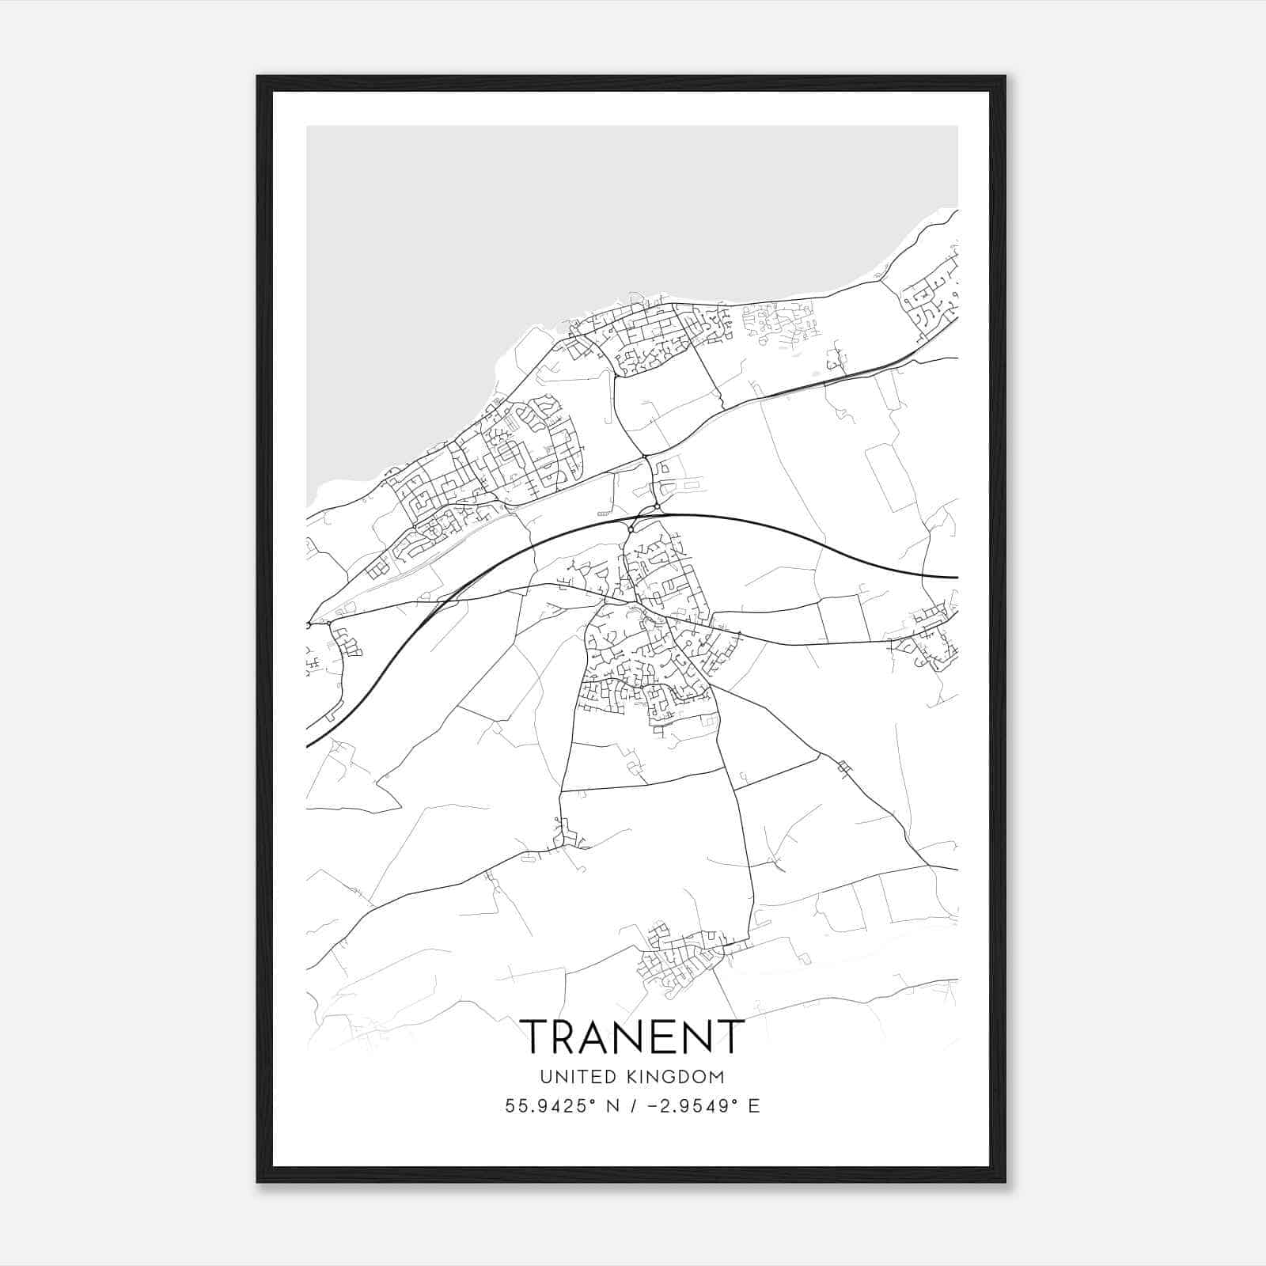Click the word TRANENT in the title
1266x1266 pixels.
[631, 1037]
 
